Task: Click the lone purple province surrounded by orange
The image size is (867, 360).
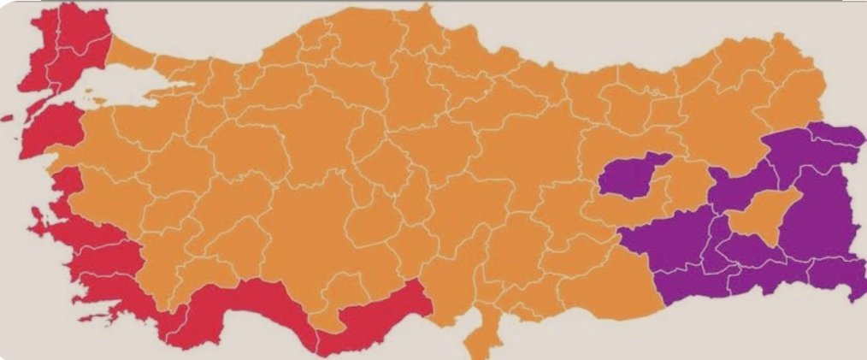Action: tap(633, 175)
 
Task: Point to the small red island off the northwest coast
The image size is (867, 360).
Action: tap(8, 117)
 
